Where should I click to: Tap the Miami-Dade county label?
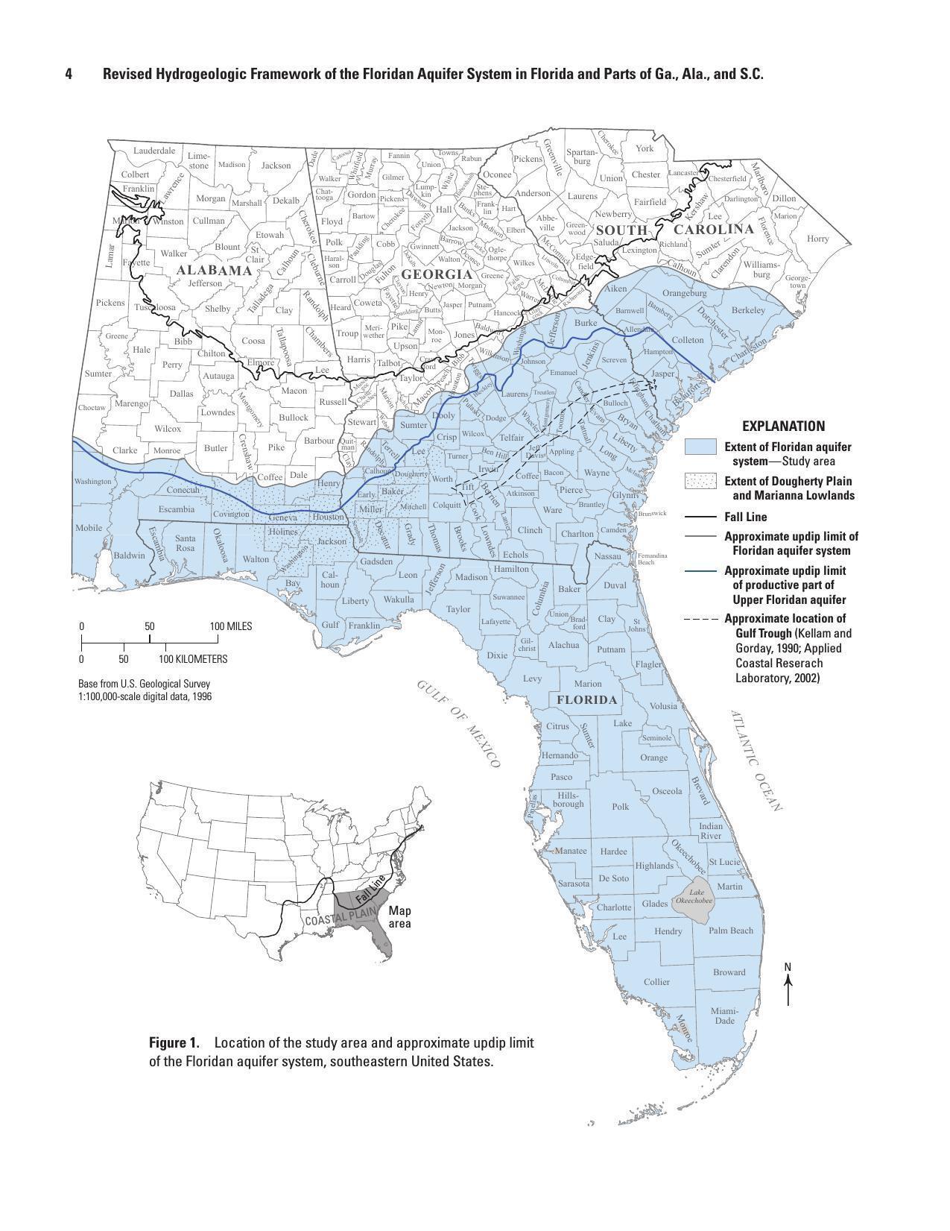(x=722, y=1016)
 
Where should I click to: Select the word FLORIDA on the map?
(x=586, y=700)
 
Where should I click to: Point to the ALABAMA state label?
(x=214, y=270)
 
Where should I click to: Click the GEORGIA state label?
(x=437, y=274)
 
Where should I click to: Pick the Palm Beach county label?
(x=730, y=930)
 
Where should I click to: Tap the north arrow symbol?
(x=788, y=984)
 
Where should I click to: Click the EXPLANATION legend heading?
(x=783, y=426)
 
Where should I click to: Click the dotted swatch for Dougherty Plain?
(x=700, y=481)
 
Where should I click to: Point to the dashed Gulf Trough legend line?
(x=700, y=619)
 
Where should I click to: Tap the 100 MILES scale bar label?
(x=231, y=626)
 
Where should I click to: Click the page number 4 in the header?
(x=69, y=74)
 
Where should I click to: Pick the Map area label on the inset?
(x=399, y=917)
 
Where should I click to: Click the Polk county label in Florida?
(x=620, y=806)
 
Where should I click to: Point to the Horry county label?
(x=817, y=239)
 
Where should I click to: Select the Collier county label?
(x=656, y=981)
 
